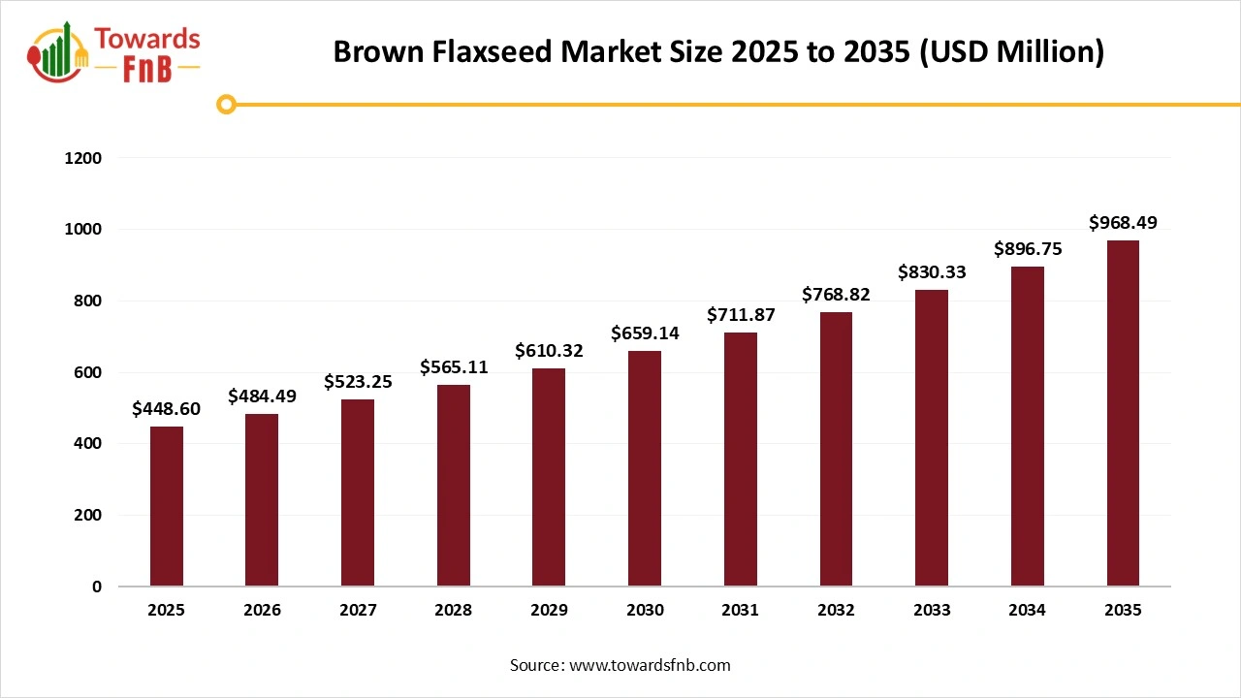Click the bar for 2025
(167, 506)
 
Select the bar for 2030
(645, 468)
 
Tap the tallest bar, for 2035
(1123, 413)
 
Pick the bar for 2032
(836, 449)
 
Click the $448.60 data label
(167, 409)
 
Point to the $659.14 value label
(645, 333)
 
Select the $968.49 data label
(1123, 223)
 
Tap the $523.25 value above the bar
(358, 382)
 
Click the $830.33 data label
(932, 272)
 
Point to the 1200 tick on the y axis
(83, 158)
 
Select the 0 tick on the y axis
(96, 587)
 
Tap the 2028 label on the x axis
(453, 611)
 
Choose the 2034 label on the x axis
(1027, 611)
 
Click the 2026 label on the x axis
(262, 611)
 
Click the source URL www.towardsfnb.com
(649, 665)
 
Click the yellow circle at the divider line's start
(227, 105)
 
